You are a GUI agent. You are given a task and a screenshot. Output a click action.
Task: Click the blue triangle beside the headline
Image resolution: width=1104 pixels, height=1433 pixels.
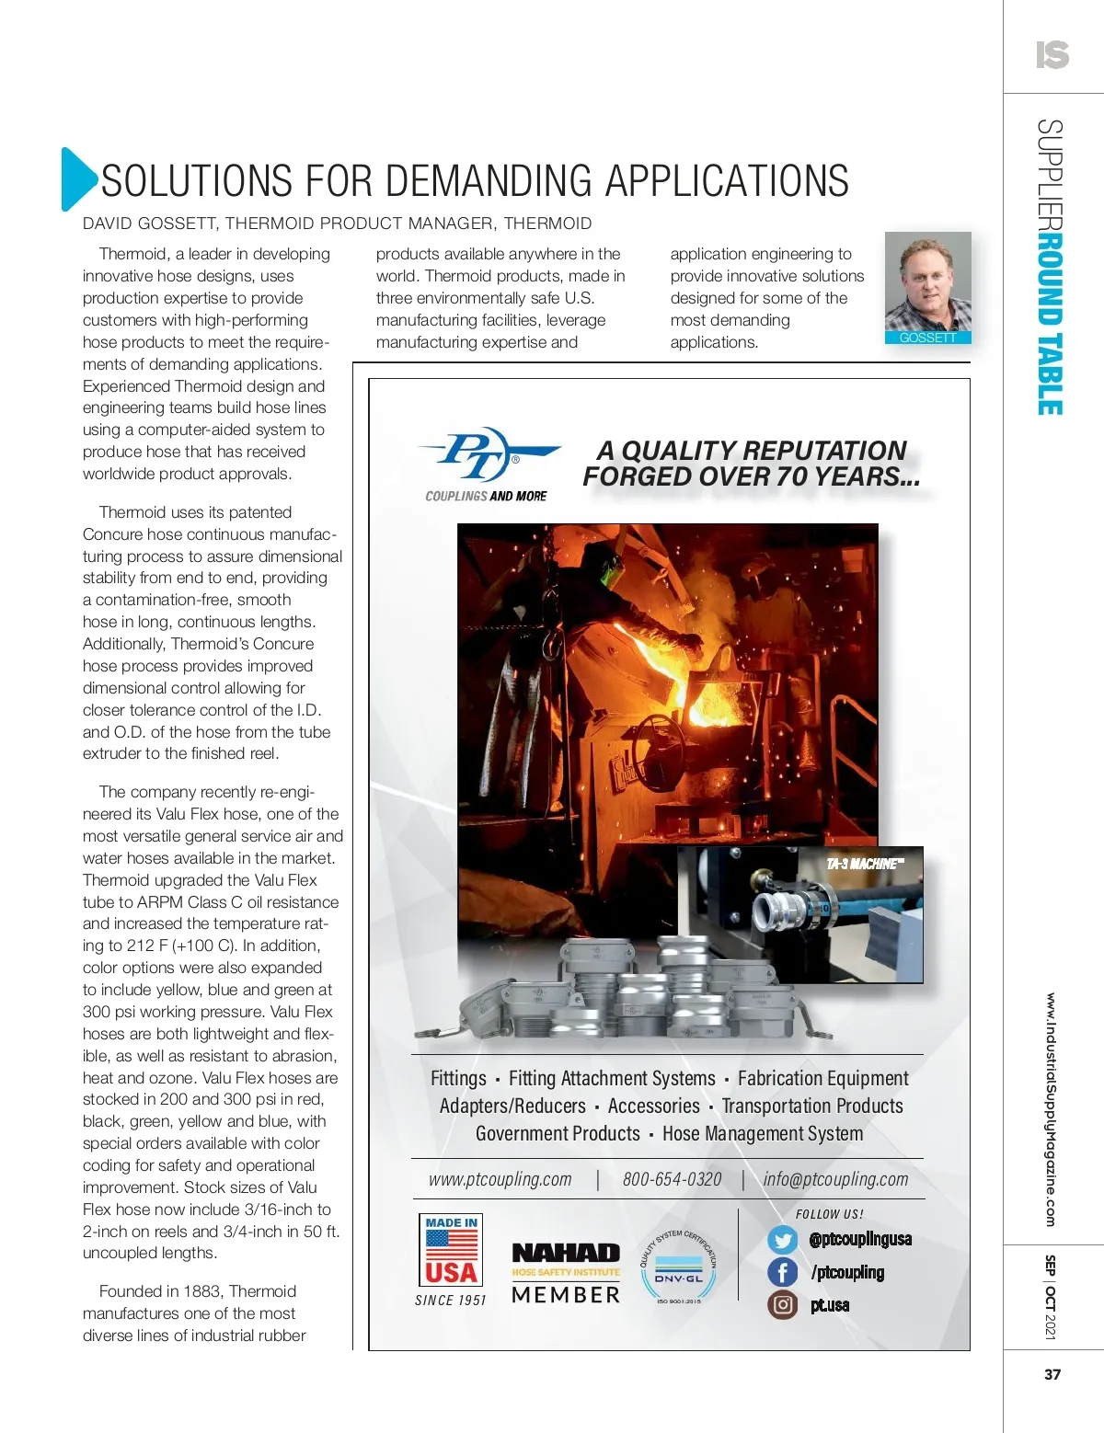(x=77, y=178)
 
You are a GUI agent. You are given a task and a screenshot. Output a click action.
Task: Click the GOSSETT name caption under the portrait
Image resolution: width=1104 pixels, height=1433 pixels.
(x=927, y=338)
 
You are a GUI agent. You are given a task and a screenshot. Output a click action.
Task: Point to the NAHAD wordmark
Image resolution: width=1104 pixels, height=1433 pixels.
(x=566, y=1253)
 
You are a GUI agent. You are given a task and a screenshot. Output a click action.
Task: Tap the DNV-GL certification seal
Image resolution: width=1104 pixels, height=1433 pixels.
(x=678, y=1267)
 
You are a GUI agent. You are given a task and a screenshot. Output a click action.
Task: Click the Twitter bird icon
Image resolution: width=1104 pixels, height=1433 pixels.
(x=783, y=1240)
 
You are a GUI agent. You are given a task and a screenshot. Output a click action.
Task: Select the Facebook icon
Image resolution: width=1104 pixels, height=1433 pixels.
(x=783, y=1272)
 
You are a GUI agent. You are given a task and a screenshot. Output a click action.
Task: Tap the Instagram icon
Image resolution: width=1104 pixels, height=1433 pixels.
(x=783, y=1304)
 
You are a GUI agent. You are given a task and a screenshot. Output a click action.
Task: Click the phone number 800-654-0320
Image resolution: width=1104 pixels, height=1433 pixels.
(x=672, y=1179)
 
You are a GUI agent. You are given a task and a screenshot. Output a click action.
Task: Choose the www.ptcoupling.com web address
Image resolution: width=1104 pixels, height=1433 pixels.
(x=500, y=1179)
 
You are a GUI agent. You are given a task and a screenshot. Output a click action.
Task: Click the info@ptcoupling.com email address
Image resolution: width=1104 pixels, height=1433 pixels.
(x=835, y=1179)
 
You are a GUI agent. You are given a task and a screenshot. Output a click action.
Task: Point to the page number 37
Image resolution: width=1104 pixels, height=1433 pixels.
(x=1052, y=1374)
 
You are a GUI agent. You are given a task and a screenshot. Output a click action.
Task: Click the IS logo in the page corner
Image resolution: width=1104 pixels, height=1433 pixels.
(x=1052, y=55)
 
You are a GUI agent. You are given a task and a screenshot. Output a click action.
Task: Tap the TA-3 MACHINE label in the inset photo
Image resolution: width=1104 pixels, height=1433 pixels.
(x=864, y=864)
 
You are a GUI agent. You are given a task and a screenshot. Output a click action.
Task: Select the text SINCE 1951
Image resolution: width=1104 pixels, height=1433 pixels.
(x=450, y=1300)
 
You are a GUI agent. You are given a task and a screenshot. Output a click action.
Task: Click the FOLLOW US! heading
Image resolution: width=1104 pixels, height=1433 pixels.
(x=829, y=1214)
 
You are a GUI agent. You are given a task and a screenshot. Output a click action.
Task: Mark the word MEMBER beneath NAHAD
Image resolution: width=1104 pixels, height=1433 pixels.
(x=566, y=1295)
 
